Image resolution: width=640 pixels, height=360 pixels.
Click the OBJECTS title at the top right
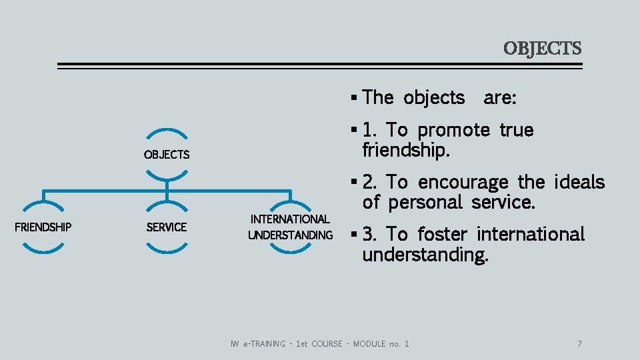[542, 49]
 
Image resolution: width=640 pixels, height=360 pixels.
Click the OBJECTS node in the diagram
[167, 155]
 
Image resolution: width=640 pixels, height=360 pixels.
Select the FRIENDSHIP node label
[43, 227]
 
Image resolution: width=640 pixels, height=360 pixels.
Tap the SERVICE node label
[167, 227]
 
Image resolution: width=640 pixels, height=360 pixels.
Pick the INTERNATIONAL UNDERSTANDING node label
[290, 227]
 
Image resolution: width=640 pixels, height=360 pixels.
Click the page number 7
[579, 343]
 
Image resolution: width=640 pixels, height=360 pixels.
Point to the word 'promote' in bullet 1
[453, 130]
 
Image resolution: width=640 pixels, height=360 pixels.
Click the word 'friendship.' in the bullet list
[406, 150]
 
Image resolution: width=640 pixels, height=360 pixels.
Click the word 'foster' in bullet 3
[443, 234]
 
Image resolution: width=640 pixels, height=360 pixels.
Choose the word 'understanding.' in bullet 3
[425, 254]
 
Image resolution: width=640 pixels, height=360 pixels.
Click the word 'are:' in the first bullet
[500, 98]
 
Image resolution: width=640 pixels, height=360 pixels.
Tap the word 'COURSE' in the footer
[327, 343]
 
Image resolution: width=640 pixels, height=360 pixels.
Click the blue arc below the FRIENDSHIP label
[43, 247]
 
